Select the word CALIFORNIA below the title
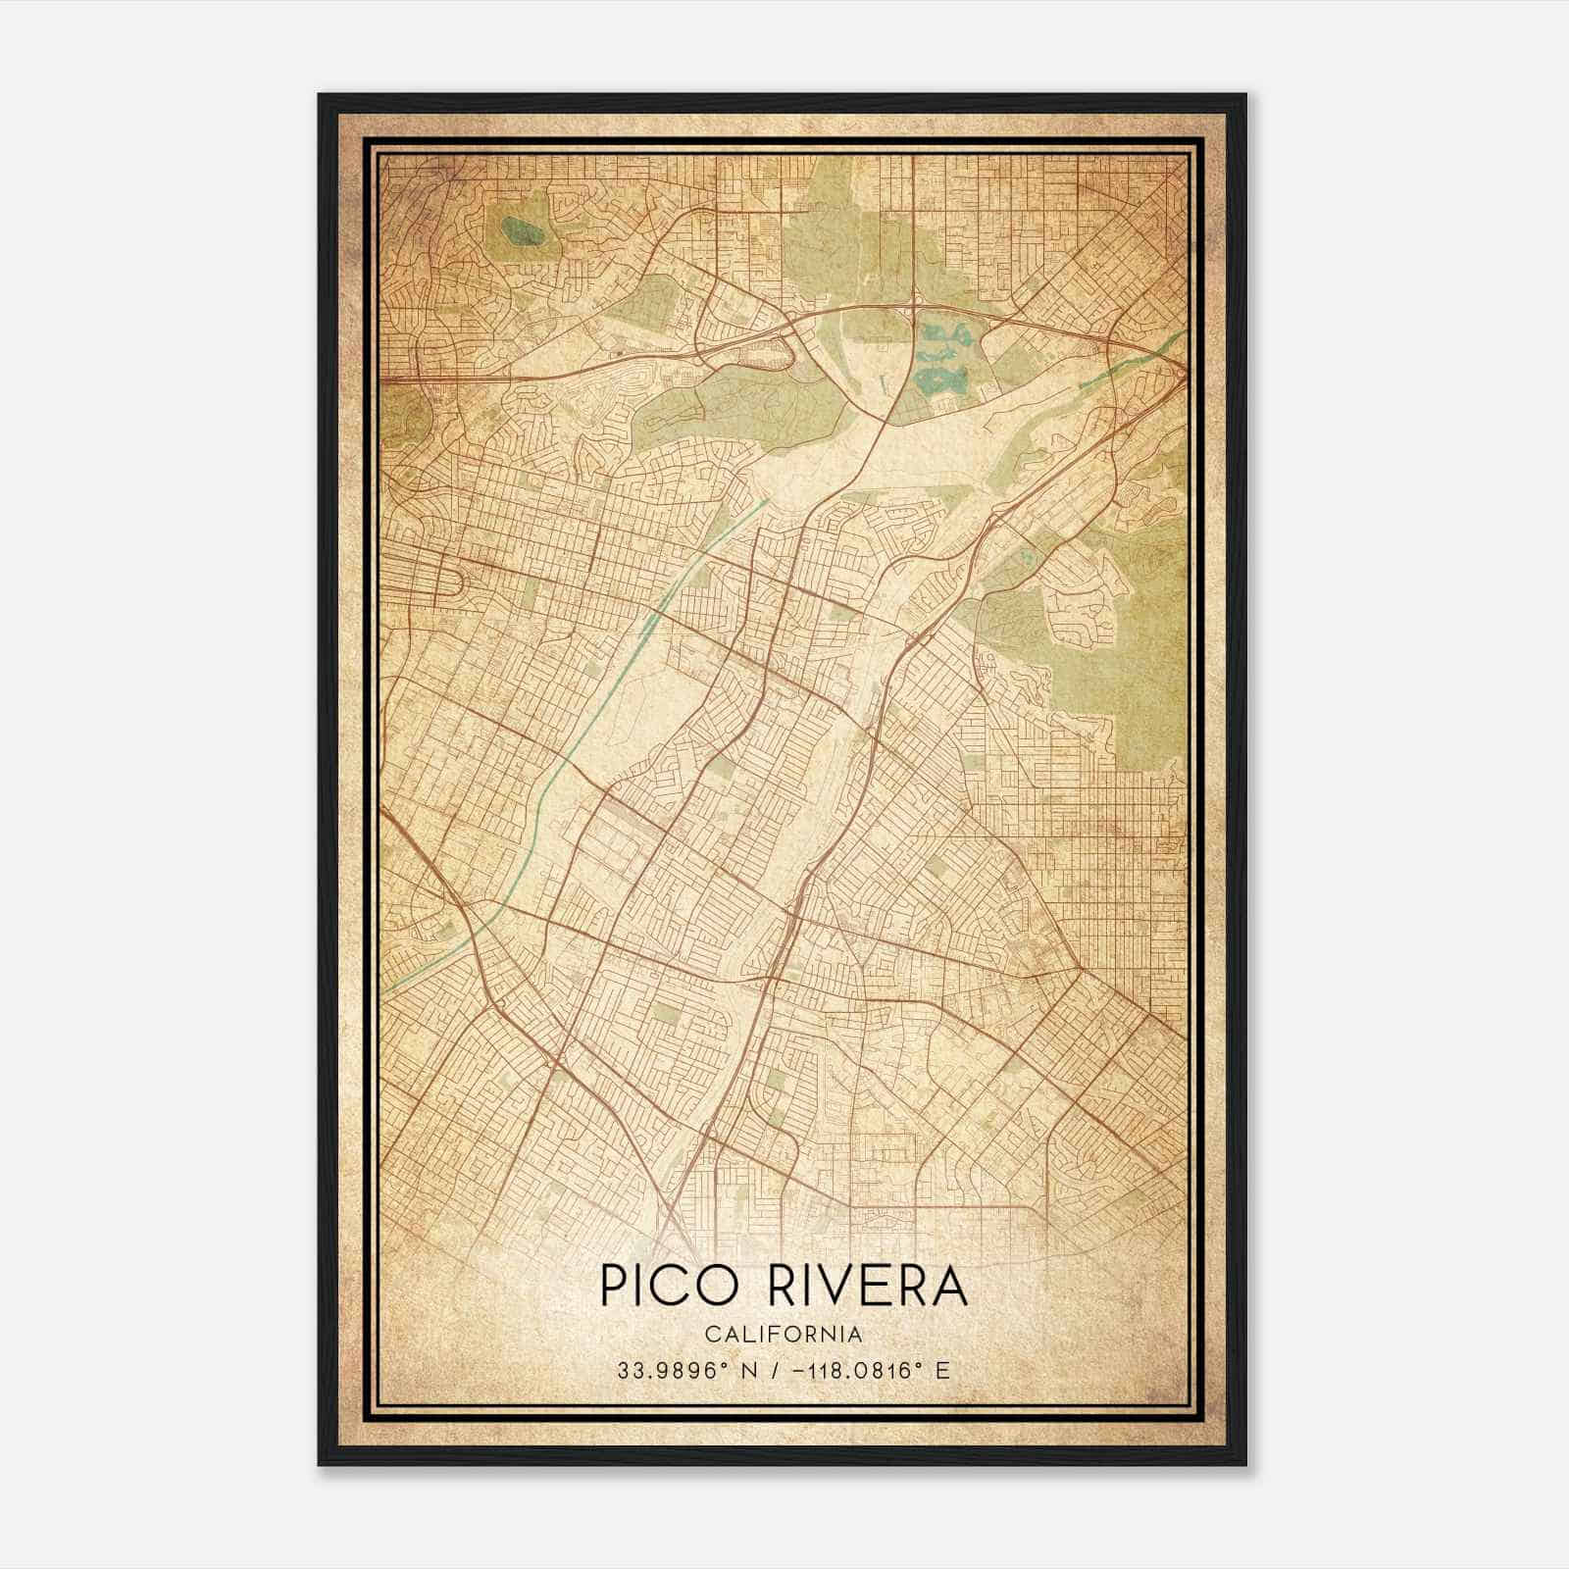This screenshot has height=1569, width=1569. [784, 1335]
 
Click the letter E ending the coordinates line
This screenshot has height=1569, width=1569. [943, 1371]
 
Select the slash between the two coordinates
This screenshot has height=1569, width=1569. [777, 1371]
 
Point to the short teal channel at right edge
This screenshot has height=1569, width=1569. [1128, 364]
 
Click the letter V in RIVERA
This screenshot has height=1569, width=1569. [851, 1287]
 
